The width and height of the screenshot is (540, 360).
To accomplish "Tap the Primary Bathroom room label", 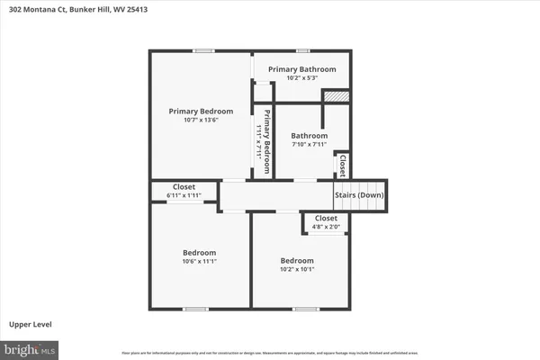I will pos(301,69).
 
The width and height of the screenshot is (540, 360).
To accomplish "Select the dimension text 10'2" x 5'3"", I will pos(301,78).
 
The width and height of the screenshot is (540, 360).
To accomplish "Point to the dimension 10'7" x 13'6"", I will pos(194,120).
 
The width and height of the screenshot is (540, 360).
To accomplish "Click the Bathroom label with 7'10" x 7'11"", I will pos(309,136).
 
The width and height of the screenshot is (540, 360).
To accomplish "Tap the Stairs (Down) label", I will pos(359,195).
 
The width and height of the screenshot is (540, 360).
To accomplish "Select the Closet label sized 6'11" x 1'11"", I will pos(184,187).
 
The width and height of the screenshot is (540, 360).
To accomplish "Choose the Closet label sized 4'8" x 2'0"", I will pos(326,218).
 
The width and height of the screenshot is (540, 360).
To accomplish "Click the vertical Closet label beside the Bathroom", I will pos(343,165).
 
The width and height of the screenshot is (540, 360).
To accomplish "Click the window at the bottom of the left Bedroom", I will pos(195,309).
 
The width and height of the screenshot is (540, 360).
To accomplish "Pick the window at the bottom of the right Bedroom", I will pos(305,309).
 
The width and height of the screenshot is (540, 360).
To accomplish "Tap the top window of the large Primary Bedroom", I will pos(204,50).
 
